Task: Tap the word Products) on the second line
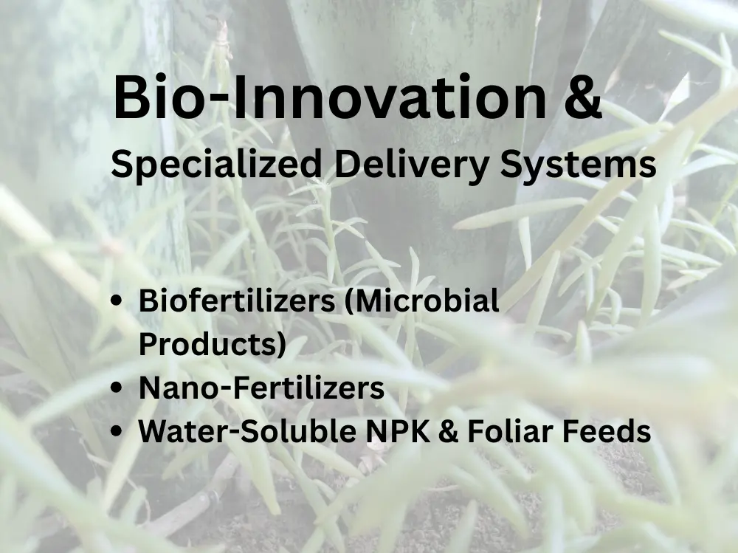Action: (x=213, y=344)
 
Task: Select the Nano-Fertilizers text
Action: (x=261, y=388)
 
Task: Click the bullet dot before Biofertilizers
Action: (x=117, y=302)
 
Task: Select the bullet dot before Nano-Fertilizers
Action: (x=117, y=388)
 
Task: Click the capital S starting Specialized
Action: (x=121, y=164)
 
